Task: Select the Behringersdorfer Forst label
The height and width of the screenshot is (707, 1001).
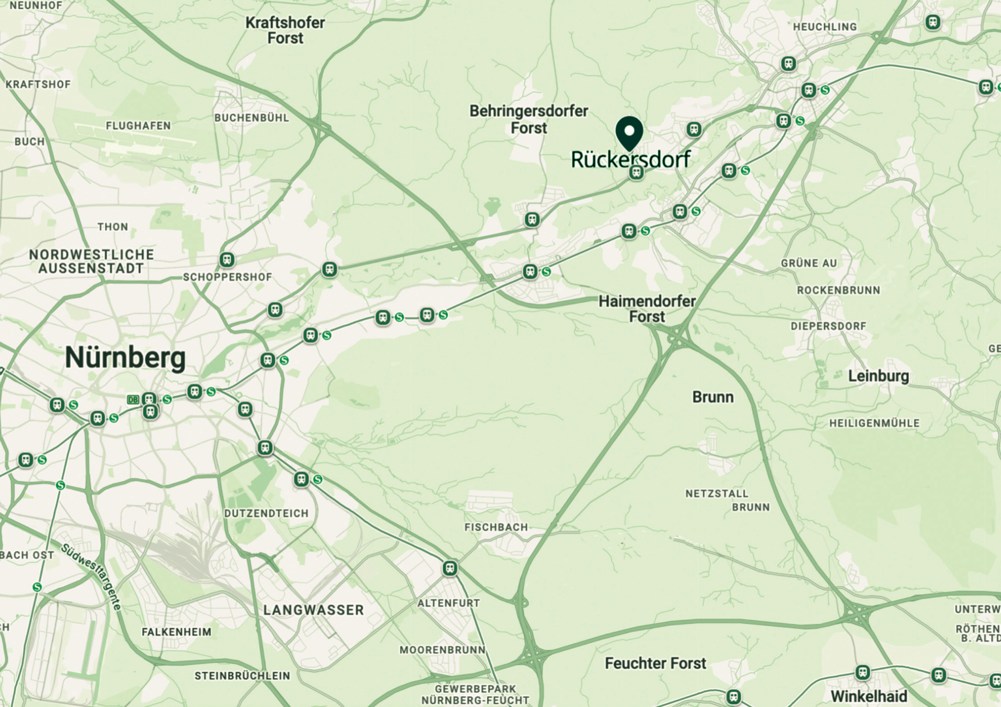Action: [529, 120]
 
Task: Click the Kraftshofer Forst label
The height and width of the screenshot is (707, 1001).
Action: [285, 30]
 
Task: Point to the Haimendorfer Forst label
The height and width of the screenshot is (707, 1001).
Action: [647, 309]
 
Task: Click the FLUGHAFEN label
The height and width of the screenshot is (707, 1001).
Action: [138, 126]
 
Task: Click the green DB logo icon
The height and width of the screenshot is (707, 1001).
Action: [133, 400]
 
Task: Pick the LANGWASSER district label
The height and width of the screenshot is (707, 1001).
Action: [313, 610]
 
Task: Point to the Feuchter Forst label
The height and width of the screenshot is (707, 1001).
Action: [655, 663]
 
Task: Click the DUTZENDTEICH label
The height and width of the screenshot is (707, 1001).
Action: [266, 513]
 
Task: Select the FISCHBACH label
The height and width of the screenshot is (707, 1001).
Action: [496, 527]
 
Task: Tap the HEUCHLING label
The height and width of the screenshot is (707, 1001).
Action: [825, 27]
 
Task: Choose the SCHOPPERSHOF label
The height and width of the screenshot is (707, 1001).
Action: [227, 277]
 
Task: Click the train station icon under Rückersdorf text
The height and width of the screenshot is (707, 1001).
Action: [636, 173]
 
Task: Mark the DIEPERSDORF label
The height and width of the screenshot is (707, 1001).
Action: [828, 326]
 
